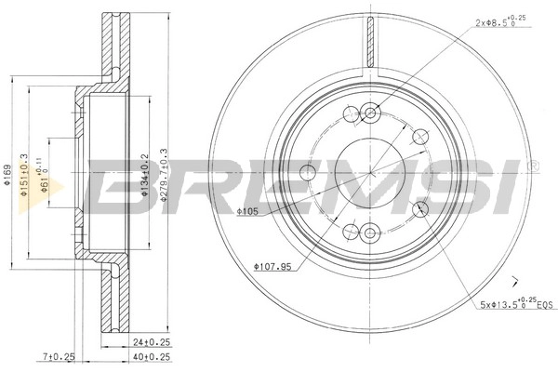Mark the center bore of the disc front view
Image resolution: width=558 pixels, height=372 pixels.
coord(369,173)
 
